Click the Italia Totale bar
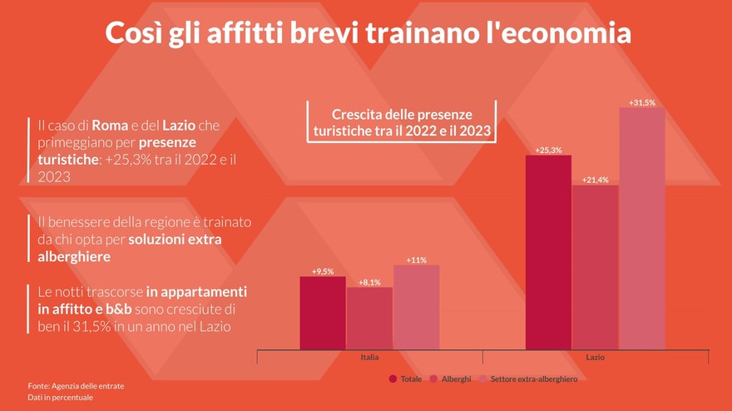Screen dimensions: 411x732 coord(323,313)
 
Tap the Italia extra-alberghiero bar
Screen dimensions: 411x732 coord(416,307)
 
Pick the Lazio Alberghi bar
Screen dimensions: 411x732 coord(596,267)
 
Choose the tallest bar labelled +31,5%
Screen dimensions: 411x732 coord(642,229)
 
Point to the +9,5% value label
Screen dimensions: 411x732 coord(323,271)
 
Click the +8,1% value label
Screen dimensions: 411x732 coord(369,282)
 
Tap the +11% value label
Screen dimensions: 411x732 coord(416,260)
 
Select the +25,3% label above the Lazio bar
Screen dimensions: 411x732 coord(548,150)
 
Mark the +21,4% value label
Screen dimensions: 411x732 coord(596,180)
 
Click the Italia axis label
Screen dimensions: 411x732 coord(369,357)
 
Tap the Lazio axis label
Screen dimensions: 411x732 coord(596,357)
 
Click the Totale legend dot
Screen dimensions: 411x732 coord(393,379)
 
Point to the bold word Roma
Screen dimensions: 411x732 coord(109,125)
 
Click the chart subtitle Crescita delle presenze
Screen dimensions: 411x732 coord(402,114)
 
